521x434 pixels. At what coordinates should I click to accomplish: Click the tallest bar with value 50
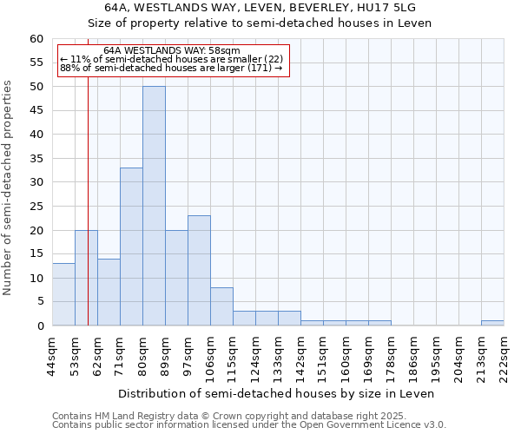tap(154, 206)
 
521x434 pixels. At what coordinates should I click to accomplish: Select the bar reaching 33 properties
tap(131, 247)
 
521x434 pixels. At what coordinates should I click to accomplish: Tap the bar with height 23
tap(199, 270)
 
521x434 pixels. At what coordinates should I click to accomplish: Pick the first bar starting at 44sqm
tap(63, 294)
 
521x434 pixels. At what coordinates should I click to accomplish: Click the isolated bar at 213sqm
tap(492, 323)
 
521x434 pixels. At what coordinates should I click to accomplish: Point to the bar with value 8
tap(221, 306)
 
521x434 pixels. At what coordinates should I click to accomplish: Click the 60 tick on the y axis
tap(36, 39)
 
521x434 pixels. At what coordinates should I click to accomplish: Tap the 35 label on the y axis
tap(36, 159)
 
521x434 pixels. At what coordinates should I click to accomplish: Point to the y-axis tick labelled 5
tap(40, 302)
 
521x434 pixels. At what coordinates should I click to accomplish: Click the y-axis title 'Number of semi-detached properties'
tap(9, 187)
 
